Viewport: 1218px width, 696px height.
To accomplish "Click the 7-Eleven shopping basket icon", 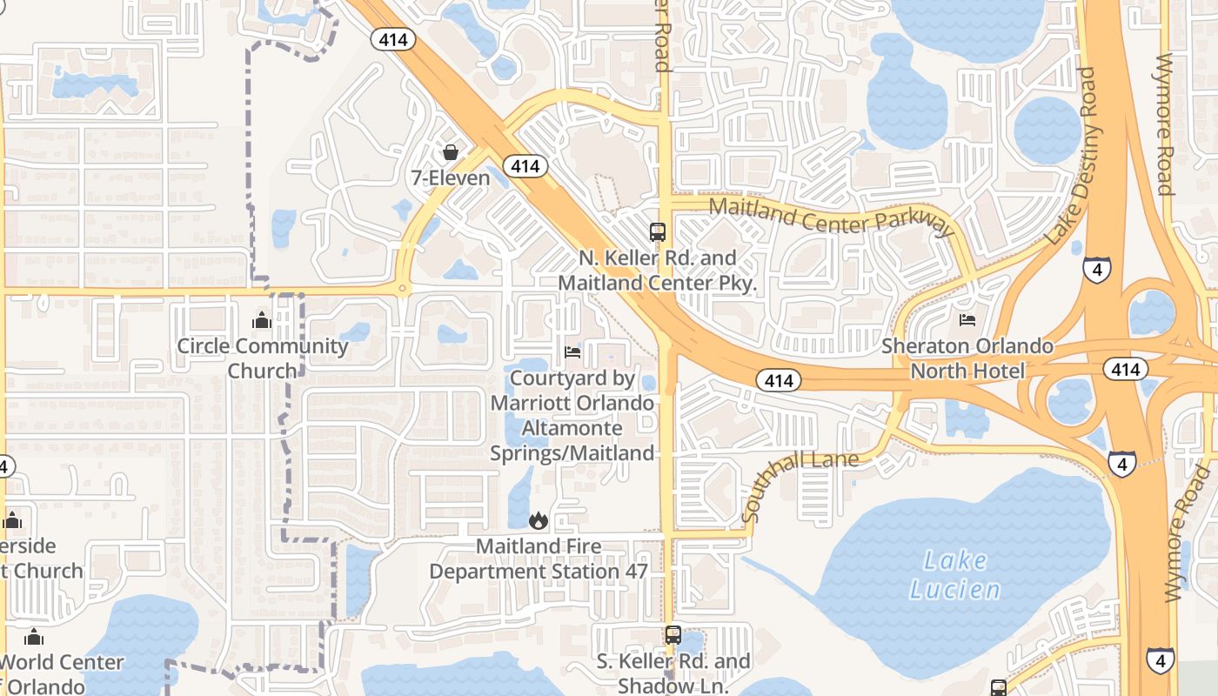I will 450,153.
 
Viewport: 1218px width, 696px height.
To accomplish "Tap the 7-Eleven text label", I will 450,178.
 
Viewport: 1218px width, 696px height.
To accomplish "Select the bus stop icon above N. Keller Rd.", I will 658,232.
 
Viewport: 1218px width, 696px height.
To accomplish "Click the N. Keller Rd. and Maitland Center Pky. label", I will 658,271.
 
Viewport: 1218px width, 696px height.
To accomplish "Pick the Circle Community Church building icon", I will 262,320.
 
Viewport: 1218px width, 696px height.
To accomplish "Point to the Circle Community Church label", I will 262,358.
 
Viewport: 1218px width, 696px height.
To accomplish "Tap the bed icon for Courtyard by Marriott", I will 572,352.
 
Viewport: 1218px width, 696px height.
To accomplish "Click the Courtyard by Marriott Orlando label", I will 572,416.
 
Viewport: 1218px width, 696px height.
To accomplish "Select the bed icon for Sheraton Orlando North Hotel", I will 967,319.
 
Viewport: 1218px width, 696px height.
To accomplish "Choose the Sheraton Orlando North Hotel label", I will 967,358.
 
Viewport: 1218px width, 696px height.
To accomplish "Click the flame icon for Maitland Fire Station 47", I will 539,520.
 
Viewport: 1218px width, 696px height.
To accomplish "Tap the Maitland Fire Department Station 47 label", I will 539,559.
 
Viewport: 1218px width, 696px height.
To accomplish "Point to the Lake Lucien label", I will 955,575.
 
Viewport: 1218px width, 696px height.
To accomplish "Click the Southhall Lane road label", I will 800,485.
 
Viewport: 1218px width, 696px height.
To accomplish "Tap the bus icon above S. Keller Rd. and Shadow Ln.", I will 673,635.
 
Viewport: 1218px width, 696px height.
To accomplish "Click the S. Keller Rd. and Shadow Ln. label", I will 673,673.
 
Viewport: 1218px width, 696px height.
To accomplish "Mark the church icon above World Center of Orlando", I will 33,637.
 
